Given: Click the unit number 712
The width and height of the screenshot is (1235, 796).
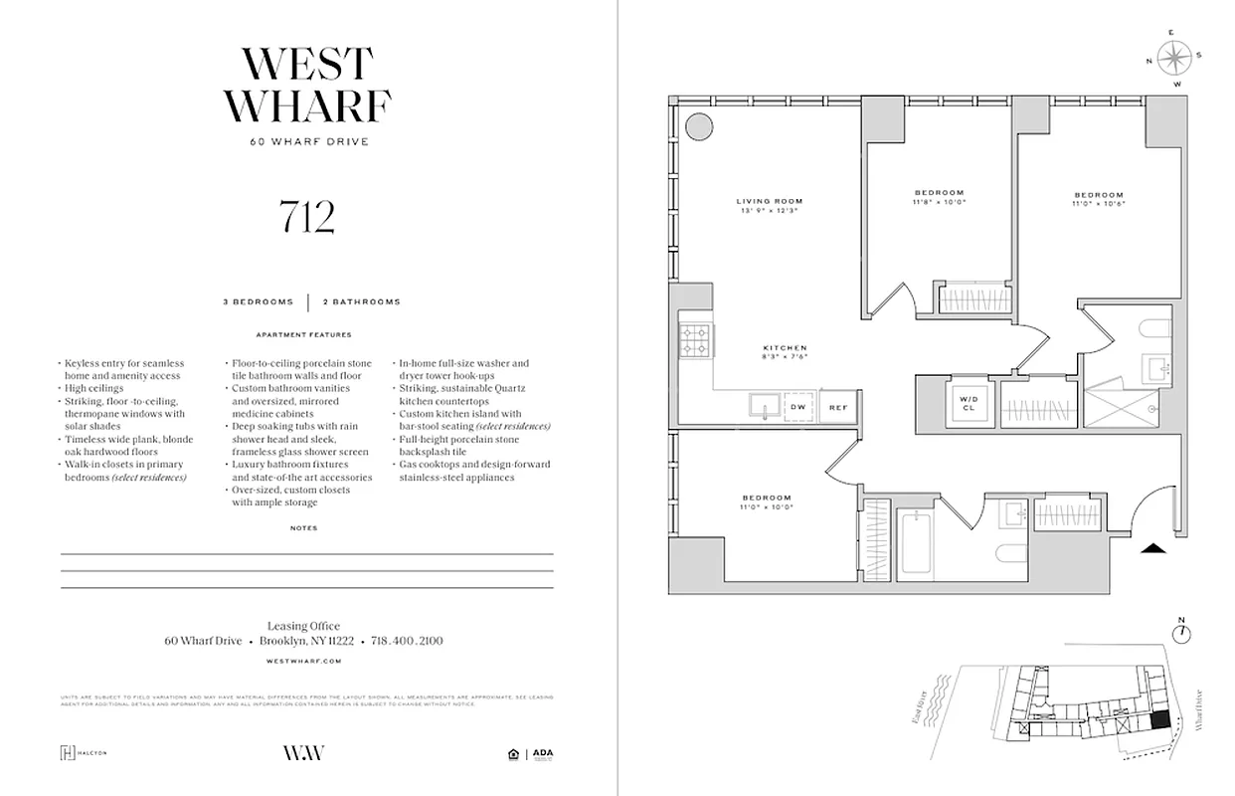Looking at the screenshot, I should click(x=306, y=217).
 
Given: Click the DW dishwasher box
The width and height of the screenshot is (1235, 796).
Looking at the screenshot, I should click(x=796, y=407).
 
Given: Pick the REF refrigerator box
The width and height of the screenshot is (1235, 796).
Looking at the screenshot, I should click(x=837, y=407).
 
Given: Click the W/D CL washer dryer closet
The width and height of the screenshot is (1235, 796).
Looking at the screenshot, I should click(x=968, y=405).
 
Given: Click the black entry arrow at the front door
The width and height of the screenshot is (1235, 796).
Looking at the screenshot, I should click(x=1152, y=545).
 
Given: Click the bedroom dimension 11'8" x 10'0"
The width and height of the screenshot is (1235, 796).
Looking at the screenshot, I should click(x=939, y=202).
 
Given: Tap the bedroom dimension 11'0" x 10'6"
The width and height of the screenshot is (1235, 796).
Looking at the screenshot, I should click(x=1098, y=203).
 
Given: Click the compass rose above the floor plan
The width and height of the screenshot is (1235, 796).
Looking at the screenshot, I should click(x=1174, y=57).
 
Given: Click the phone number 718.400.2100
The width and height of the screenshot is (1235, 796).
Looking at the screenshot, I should click(x=407, y=641).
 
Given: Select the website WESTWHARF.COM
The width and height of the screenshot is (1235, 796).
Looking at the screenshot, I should click(x=305, y=661).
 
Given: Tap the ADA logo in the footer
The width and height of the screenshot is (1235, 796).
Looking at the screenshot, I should click(x=543, y=753).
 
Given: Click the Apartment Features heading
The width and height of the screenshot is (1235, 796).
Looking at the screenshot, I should click(x=303, y=335).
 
